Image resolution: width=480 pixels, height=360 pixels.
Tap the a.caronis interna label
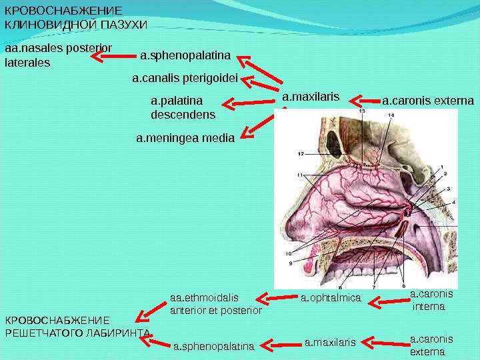click(430, 300)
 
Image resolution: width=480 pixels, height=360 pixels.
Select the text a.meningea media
click(185, 139)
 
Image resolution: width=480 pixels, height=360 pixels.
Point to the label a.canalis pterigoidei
click(185, 79)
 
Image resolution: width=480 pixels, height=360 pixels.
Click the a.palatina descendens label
click(183, 107)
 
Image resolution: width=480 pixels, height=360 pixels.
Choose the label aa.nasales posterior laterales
click(58, 55)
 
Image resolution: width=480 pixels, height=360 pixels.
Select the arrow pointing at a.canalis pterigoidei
click(260, 83)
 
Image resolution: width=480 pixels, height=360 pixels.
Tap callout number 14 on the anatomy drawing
click(391, 115)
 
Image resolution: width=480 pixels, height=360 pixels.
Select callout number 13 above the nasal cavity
click(362, 113)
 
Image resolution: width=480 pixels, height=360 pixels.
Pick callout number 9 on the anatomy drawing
click(291, 263)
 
